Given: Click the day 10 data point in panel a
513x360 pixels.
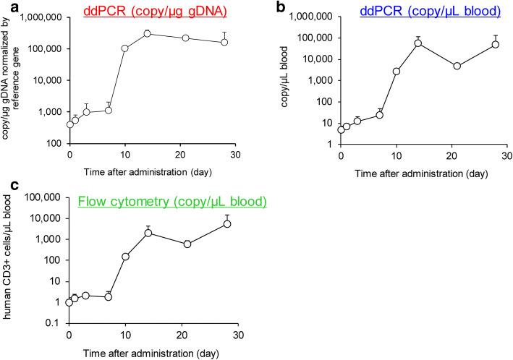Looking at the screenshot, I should (125, 48).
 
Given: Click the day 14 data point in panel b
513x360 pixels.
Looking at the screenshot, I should (418, 43).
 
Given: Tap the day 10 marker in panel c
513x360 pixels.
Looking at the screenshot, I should (125, 257).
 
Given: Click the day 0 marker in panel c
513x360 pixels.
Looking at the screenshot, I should (69, 302).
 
